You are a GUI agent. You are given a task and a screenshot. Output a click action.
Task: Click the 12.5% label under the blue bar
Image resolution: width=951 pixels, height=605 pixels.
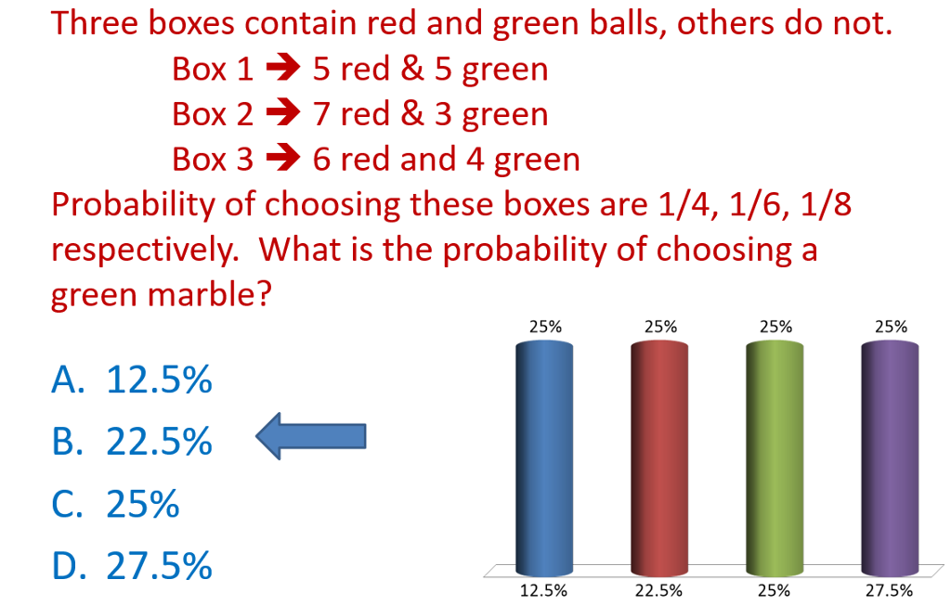pyautogui.click(x=544, y=590)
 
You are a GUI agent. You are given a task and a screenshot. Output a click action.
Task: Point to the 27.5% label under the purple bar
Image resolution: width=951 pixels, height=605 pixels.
pyautogui.click(x=890, y=590)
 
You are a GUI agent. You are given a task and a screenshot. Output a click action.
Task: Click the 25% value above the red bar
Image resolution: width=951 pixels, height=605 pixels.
pyautogui.click(x=659, y=327)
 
